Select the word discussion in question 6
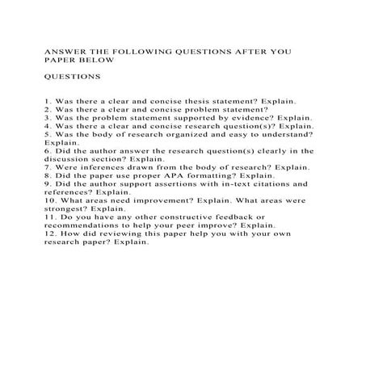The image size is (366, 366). (x=70, y=158)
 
